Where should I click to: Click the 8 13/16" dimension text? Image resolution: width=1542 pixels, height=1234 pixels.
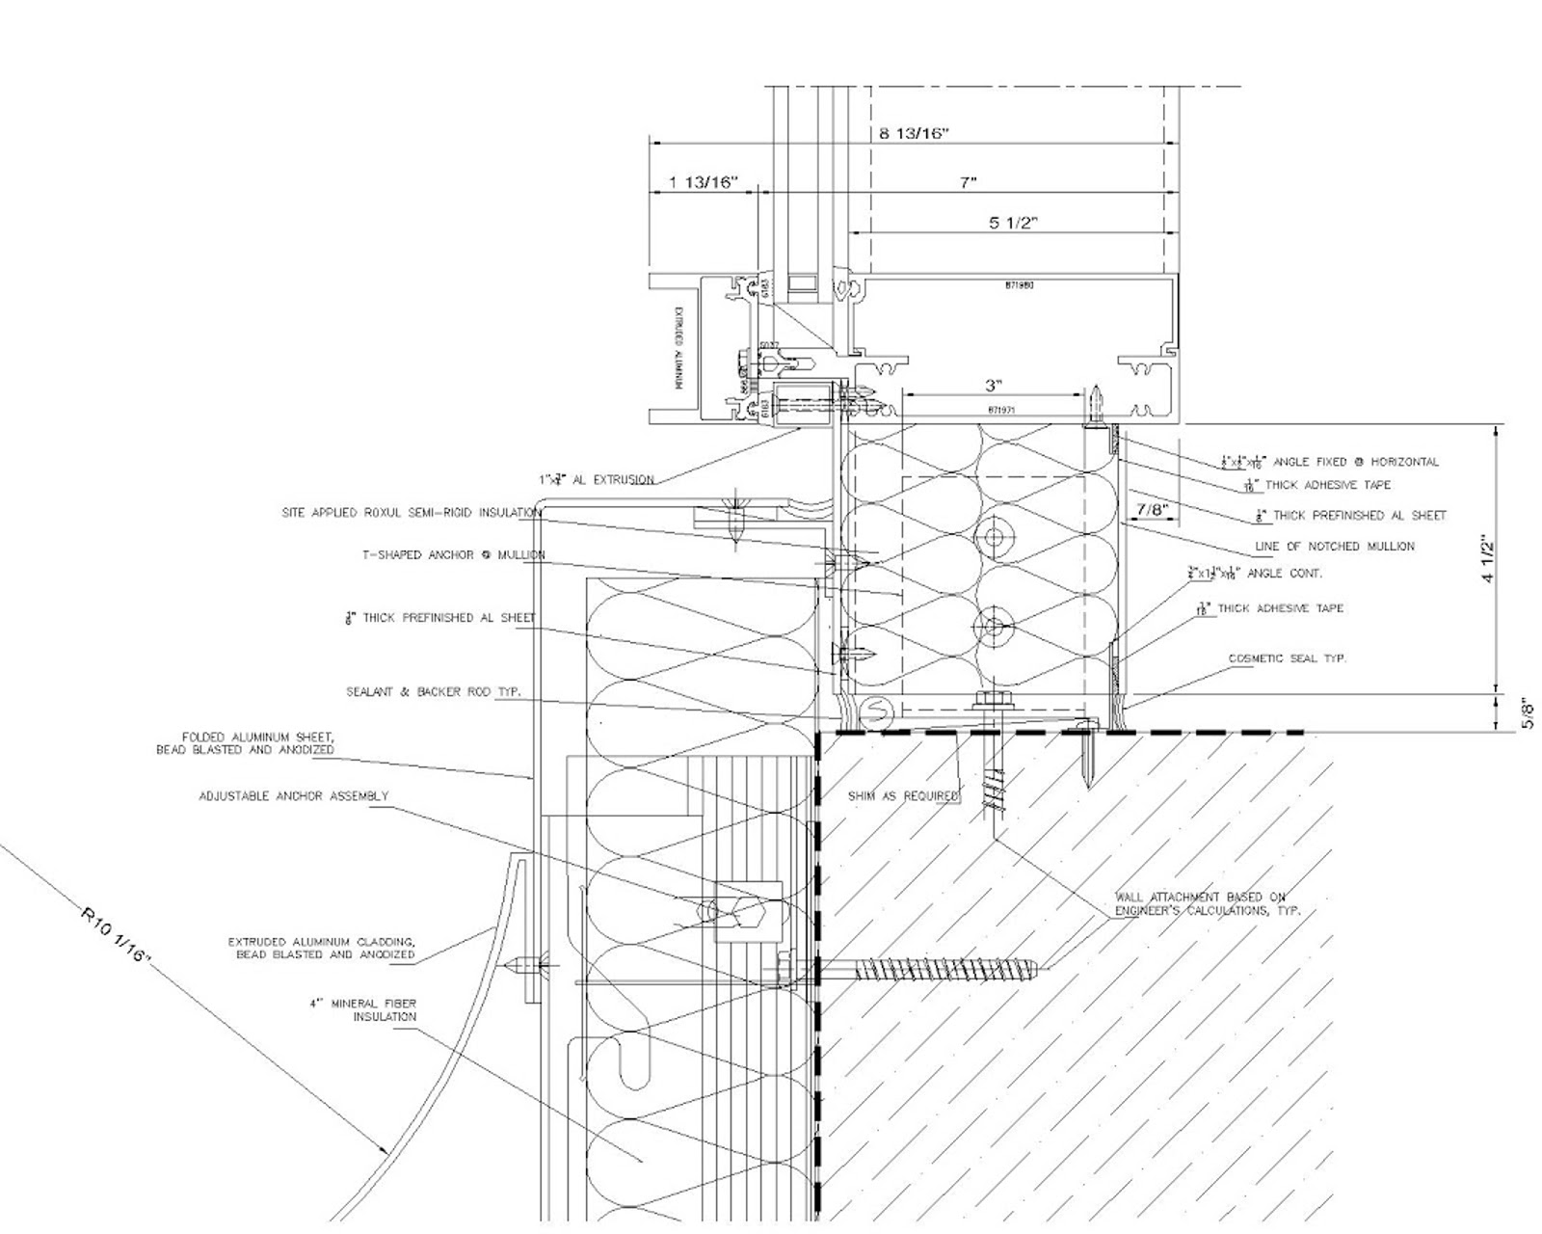[x=914, y=133]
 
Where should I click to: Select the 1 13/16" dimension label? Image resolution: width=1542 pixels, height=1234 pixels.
[x=704, y=182]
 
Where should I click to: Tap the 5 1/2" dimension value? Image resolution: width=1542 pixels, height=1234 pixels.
[x=1012, y=223]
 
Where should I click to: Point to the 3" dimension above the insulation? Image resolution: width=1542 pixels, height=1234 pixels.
[x=993, y=386]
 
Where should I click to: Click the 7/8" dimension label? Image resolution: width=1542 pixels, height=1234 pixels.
[x=1152, y=509]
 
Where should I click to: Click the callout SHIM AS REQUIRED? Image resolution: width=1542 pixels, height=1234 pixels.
[x=903, y=796]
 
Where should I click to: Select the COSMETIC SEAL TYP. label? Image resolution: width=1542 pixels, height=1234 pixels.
[x=1287, y=658]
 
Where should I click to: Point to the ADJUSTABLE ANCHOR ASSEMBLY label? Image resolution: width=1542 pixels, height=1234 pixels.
[x=294, y=796]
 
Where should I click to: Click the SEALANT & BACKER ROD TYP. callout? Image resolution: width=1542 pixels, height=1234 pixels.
[x=434, y=692]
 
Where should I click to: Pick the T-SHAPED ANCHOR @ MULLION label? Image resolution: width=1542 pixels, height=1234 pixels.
[x=453, y=554]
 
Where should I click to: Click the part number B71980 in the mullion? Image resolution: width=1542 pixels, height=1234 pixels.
[x=1019, y=285]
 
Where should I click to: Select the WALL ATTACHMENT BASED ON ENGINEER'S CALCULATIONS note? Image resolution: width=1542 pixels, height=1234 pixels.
[x=1207, y=903]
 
